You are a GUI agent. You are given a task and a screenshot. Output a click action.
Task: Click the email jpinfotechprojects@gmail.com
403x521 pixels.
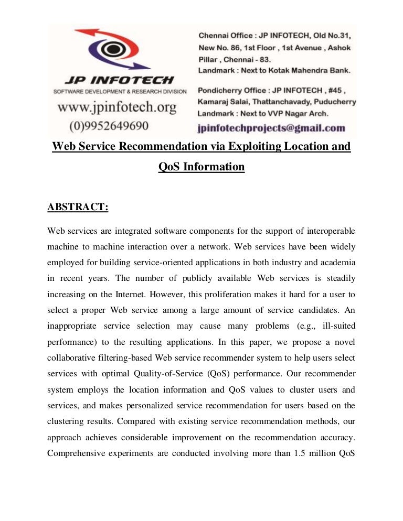coord(271,127)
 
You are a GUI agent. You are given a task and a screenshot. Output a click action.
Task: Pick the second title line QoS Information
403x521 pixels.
coord(201,167)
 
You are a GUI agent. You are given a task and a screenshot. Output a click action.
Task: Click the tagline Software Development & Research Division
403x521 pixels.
coord(120,92)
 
